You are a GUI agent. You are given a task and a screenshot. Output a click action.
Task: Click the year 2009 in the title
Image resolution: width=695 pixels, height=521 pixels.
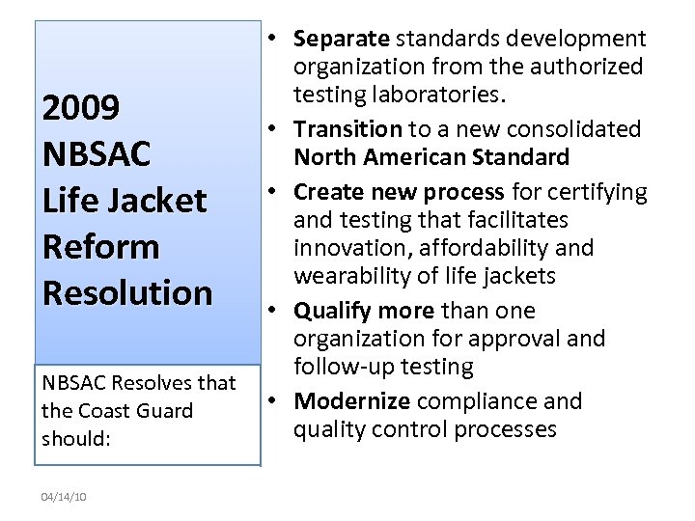tap(81, 108)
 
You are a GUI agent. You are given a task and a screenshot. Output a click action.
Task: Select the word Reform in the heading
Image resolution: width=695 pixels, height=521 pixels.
tap(100, 247)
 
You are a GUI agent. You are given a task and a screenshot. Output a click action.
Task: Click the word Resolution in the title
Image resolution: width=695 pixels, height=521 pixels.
tap(126, 292)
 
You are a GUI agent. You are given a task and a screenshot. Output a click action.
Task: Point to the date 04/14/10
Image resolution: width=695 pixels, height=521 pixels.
tap(64, 497)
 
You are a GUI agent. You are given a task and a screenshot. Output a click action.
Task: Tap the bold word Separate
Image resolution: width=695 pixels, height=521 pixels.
tap(341, 40)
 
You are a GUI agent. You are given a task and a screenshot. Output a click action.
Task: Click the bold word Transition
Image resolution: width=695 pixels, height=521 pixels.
tap(347, 129)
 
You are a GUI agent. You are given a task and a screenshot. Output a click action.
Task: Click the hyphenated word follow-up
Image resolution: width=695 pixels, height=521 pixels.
tap(342, 367)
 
